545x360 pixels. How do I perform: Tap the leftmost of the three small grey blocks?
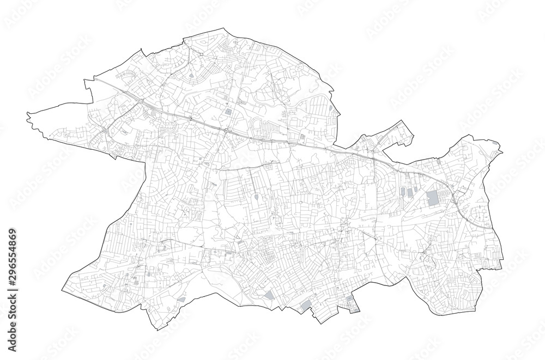(x=403, y=192)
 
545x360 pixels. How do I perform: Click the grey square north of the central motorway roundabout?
(x=227, y=112)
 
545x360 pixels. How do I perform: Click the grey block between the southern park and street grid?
(x=269, y=295)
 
